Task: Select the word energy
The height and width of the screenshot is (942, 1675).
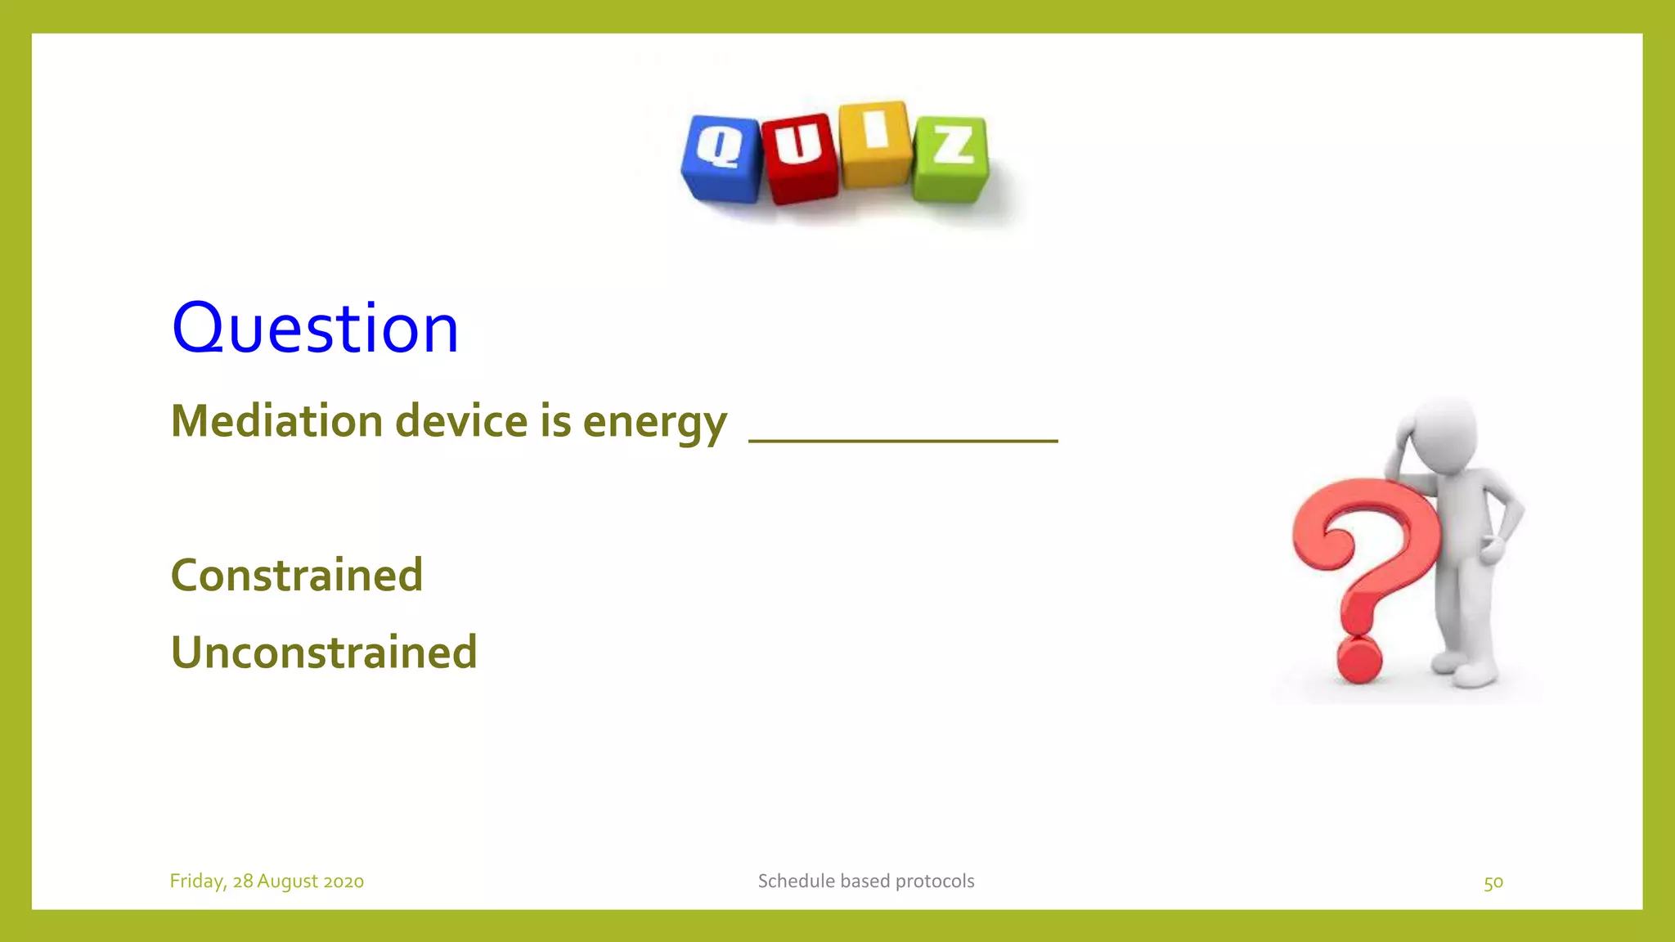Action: [x=654, y=423]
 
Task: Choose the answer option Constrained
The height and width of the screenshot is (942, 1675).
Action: [x=297, y=575]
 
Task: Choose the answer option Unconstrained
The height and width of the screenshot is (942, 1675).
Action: [x=324, y=653]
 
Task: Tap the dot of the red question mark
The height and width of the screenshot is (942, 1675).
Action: [x=1358, y=661]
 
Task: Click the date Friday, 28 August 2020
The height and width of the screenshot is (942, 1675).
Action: [x=267, y=881]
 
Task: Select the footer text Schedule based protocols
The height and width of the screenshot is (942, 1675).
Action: [x=865, y=881]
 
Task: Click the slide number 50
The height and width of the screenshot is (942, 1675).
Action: [x=1493, y=882]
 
